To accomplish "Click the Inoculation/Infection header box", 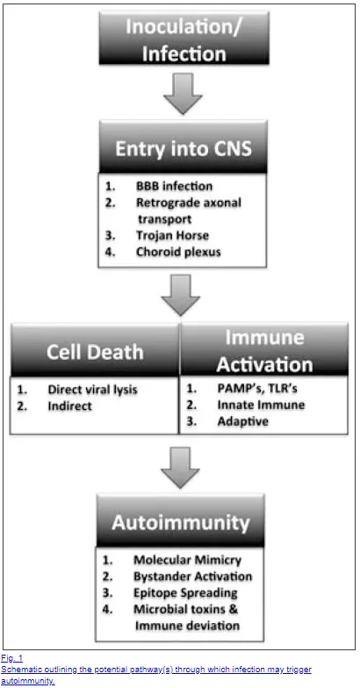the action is pos(184,39).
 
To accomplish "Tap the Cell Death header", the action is pos(95,351).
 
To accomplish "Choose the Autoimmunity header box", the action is pos(181,521).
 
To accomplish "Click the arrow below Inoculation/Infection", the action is pos(183,94).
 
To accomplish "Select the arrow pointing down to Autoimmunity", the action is pos(181,468).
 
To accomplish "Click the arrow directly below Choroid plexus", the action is pos(181,295).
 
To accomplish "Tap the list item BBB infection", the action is pos(174,186).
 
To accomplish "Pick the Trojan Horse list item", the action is pos(172,235).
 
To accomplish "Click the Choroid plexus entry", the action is pos(177,252).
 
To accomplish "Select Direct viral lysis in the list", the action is pos(92,390).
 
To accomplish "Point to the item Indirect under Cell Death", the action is pos(70,405).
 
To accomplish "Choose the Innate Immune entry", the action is pos(261,405).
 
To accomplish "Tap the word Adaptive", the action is pos(242,421).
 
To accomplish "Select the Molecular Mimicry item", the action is pos(188,560).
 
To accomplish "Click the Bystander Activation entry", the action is pos(193,576).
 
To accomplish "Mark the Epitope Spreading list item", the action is pos(185,593).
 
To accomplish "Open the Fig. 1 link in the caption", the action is pos(12,658).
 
